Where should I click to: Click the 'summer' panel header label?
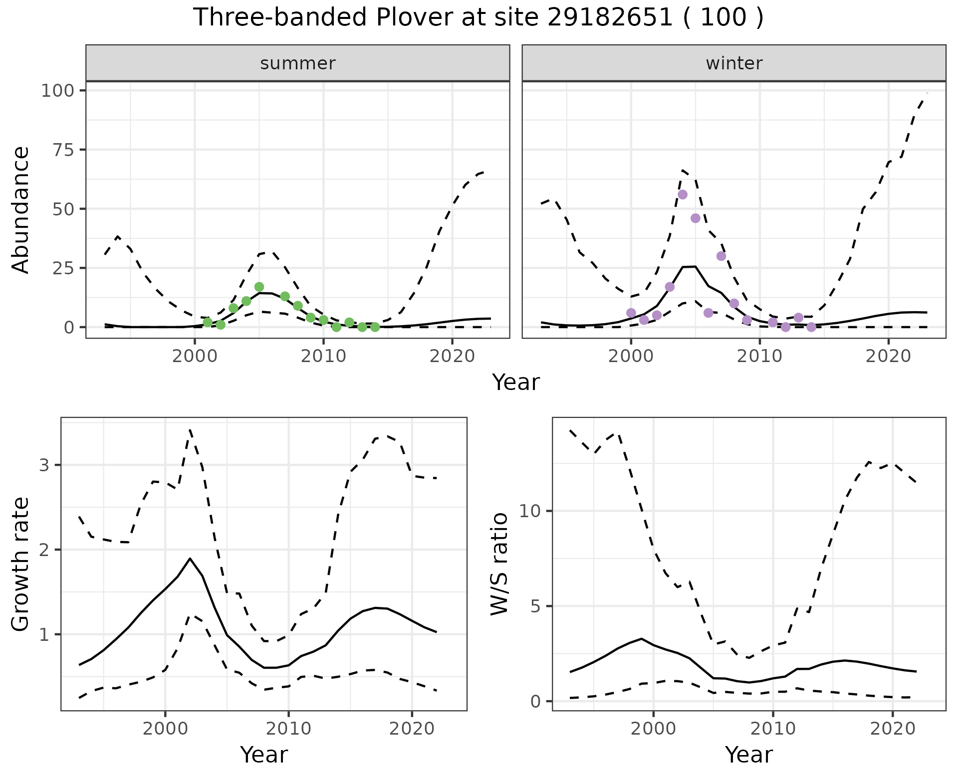(298, 63)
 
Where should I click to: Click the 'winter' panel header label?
(734, 63)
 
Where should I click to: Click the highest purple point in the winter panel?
(683, 194)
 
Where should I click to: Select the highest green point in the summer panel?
(259, 287)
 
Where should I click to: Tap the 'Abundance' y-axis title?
(21, 209)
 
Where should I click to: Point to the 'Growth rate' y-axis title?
(21, 565)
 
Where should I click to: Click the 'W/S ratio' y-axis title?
(499, 565)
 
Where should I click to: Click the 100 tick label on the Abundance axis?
(57, 91)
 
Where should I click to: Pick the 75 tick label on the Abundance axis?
(64, 150)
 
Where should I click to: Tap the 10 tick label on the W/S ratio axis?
(530, 511)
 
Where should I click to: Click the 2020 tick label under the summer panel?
(452, 357)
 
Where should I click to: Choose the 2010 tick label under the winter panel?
(759, 357)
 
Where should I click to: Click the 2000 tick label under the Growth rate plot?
(165, 729)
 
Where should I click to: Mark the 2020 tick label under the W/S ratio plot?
(892, 729)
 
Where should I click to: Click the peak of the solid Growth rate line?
(190, 559)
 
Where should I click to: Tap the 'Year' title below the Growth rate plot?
(264, 755)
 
